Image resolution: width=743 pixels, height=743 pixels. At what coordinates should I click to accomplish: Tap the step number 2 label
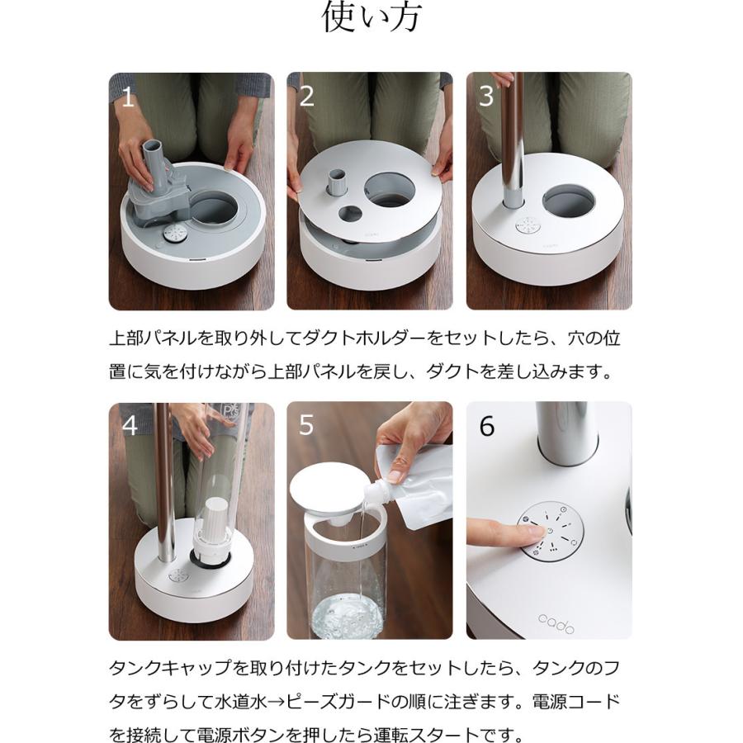[x=306, y=97]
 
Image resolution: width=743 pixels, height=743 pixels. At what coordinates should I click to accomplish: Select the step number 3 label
[x=486, y=97]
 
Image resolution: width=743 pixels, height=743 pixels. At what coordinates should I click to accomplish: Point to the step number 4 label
[x=130, y=426]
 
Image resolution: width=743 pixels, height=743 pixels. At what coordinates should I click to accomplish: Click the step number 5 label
[x=306, y=426]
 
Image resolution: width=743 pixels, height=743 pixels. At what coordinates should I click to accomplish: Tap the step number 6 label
[x=487, y=426]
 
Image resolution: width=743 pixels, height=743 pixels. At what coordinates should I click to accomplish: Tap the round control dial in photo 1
[x=173, y=234]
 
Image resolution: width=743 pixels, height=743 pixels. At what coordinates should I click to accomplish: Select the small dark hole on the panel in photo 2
[x=347, y=213]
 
